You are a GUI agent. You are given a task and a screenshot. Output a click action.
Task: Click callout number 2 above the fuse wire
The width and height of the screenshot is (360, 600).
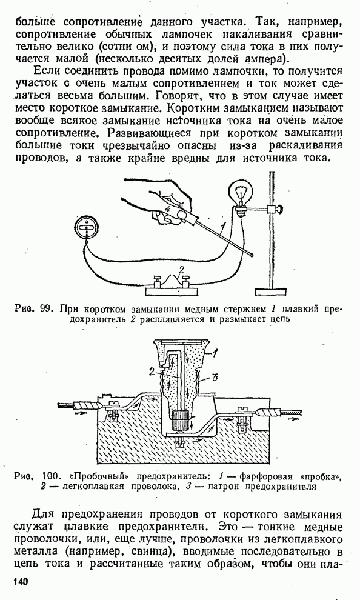(181, 268)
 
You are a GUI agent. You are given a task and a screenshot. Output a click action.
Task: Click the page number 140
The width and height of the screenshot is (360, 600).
(21, 582)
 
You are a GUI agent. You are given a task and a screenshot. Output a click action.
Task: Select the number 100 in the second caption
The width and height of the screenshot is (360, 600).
(50, 477)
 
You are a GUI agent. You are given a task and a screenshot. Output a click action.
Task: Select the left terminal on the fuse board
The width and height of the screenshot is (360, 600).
(157, 282)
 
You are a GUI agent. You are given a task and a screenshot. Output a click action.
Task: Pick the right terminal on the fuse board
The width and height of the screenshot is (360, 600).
(186, 282)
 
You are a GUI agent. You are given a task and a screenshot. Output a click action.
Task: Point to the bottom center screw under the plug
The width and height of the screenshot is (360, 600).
(179, 444)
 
